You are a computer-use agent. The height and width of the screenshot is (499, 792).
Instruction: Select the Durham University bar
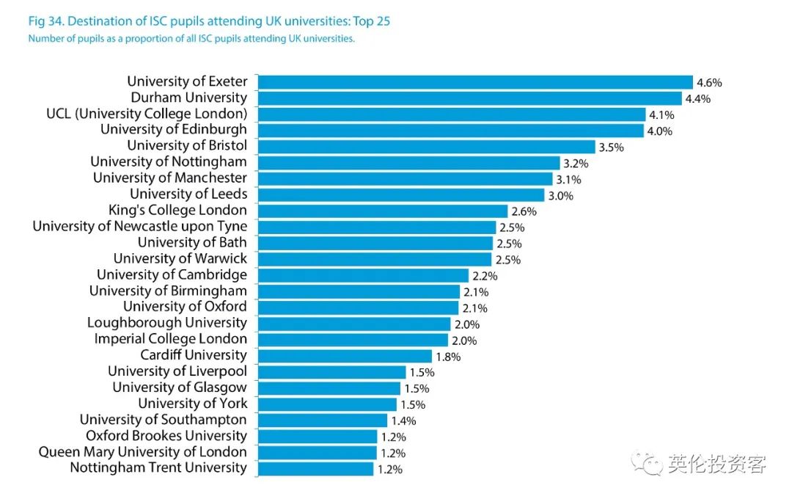point(469,98)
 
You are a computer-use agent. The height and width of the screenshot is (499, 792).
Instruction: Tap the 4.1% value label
point(661,115)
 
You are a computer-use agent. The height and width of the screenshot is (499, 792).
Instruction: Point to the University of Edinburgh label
point(174,130)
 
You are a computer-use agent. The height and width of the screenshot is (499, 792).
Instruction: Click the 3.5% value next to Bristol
point(611,147)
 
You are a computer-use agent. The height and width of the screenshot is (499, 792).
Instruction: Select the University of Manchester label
point(170,178)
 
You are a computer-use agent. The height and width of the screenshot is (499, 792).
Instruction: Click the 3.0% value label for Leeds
point(560,196)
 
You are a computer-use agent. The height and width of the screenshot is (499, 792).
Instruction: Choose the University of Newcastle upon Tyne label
point(140,227)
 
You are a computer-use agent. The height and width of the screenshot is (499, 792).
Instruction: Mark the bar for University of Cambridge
point(362,276)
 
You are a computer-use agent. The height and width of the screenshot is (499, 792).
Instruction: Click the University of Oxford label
point(185,307)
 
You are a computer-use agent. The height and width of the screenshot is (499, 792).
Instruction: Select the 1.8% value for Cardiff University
point(448,357)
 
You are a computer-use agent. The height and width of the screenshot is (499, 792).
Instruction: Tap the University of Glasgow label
point(180,387)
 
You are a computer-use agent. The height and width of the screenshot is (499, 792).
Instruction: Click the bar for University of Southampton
point(322,420)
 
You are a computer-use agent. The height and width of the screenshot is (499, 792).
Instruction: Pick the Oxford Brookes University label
point(166,436)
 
